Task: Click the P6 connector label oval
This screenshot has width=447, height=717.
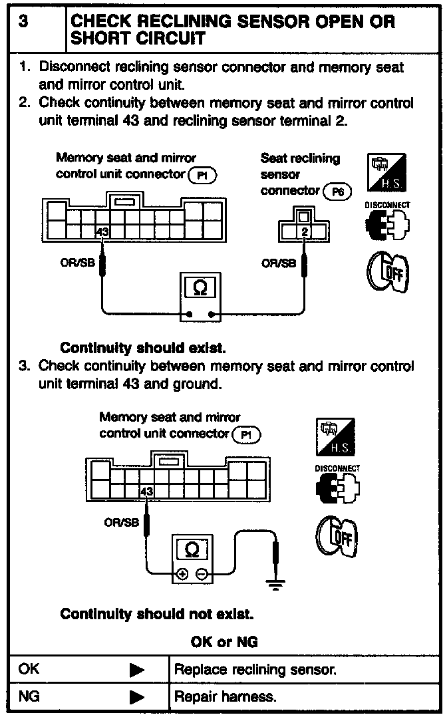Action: coord(338,192)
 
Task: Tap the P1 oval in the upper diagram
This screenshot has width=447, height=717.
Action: coord(203,175)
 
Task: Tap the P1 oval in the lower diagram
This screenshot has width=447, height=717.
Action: coord(247,434)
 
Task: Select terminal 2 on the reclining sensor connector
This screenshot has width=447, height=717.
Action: coord(305,232)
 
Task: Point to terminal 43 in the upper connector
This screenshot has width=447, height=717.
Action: coord(102,232)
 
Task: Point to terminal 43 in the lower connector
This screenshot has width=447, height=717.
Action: coord(147,492)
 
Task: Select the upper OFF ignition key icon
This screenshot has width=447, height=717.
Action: coord(386,273)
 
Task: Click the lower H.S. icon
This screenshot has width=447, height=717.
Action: coord(335,437)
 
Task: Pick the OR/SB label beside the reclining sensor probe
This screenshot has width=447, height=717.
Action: coord(279,263)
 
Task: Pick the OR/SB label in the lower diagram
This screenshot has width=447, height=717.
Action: coord(121,523)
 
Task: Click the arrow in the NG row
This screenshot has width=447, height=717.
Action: coord(137,697)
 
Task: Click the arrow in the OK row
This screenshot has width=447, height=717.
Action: coord(137,670)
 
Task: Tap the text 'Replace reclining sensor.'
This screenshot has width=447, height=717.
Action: coord(255,670)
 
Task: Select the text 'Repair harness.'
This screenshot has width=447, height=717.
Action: coord(225,697)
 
